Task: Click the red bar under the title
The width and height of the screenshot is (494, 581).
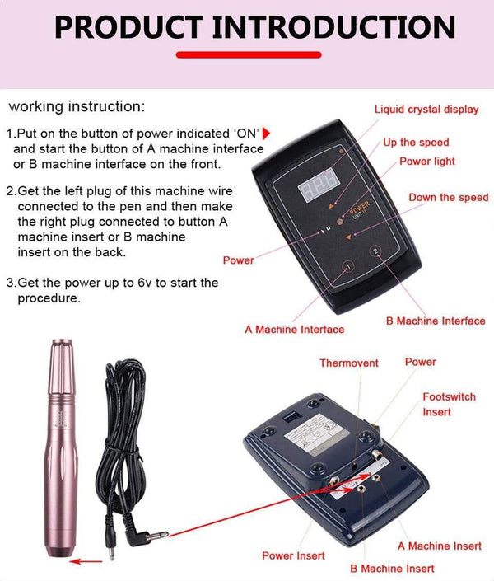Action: [x=246, y=55]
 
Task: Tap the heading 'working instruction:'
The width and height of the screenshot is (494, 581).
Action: [x=77, y=107]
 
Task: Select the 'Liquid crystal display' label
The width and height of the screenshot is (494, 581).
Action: [x=426, y=110]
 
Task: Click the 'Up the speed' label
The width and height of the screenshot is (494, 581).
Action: [x=416, y=143]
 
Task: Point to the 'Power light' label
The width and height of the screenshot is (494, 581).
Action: [x=427, y=162]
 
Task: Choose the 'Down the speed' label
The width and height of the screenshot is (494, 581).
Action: [x=449, y=198]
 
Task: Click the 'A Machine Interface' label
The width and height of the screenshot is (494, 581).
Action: [x=294, y=330]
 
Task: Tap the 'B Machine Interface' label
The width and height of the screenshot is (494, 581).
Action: [x=436, y=321]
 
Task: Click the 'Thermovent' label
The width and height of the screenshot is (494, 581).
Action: [x=349, y=363]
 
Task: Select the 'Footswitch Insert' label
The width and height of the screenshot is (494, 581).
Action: [x=449, y=404]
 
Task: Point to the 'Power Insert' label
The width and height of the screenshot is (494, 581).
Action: [x=293, y=555]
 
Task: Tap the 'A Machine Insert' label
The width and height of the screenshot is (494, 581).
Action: [x=440, y=546]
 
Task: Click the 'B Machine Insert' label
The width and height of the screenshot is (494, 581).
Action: [x=391, y=568]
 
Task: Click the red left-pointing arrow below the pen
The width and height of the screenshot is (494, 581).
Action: [x=81, y=562]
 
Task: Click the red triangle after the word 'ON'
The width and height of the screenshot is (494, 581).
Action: [x=266, y=134]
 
